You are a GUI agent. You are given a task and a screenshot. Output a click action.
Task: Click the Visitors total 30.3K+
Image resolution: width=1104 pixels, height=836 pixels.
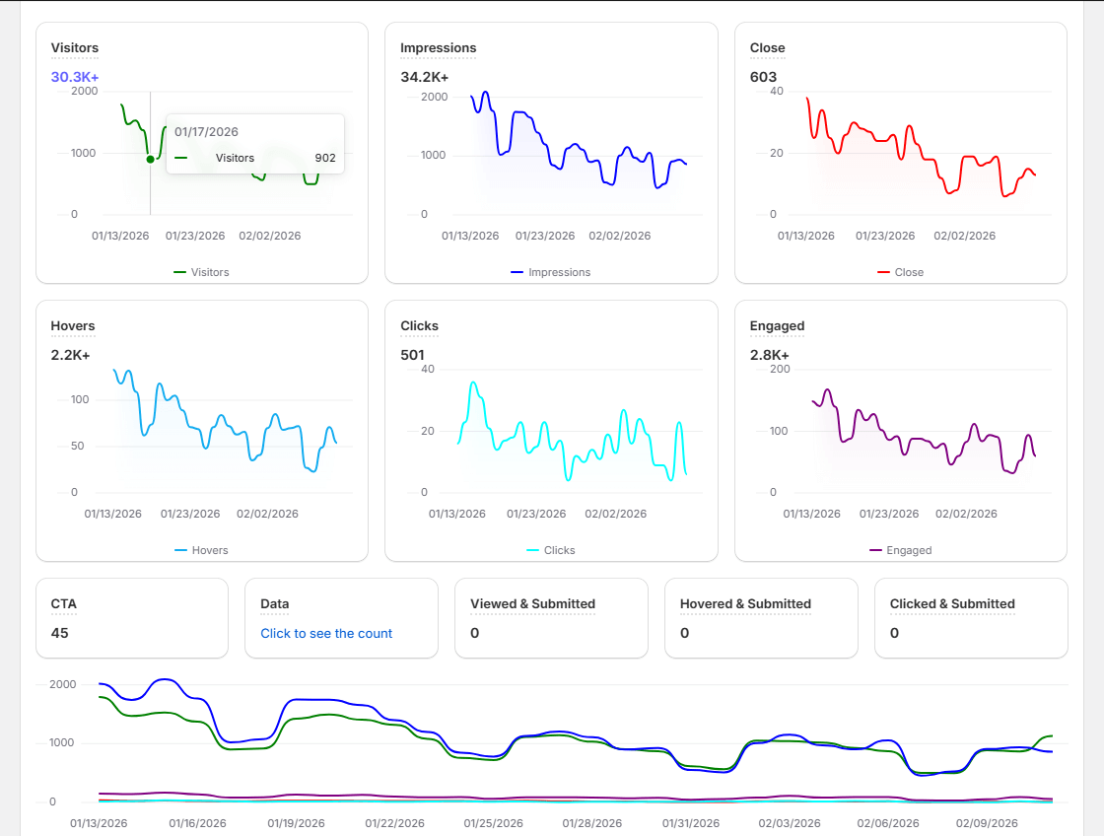75,77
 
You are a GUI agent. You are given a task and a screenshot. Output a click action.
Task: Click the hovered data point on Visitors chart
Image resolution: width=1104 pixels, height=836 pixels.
150,159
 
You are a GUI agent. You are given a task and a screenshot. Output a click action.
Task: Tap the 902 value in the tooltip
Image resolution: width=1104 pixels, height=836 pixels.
325,158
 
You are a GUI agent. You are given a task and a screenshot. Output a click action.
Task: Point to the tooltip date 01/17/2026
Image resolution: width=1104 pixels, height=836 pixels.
206,131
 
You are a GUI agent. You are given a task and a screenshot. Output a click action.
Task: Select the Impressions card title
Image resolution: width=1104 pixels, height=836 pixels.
438,47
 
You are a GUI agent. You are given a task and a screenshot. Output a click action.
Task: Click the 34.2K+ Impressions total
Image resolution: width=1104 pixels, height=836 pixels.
424,77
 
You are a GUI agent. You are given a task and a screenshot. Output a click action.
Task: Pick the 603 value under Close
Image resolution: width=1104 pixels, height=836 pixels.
763,77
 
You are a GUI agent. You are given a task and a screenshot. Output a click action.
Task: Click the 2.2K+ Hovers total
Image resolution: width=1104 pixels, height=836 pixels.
70,355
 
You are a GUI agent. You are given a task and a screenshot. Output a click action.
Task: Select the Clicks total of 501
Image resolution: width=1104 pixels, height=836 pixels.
413,355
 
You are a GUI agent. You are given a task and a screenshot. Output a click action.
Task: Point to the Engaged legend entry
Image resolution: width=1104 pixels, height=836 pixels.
900,550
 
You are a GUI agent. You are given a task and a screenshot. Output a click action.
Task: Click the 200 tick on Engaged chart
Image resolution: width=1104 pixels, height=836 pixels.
780,369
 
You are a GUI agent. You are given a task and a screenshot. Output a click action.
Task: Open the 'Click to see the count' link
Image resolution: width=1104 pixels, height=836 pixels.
326,633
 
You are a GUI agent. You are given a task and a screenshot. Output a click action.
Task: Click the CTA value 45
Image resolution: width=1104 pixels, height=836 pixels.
60,633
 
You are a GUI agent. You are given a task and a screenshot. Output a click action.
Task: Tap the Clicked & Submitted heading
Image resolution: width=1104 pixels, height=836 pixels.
951,603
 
